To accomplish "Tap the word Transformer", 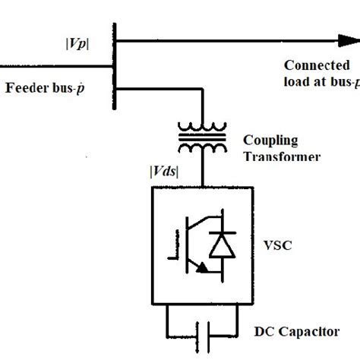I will [278, 156].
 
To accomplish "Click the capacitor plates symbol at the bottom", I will [202, 332].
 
